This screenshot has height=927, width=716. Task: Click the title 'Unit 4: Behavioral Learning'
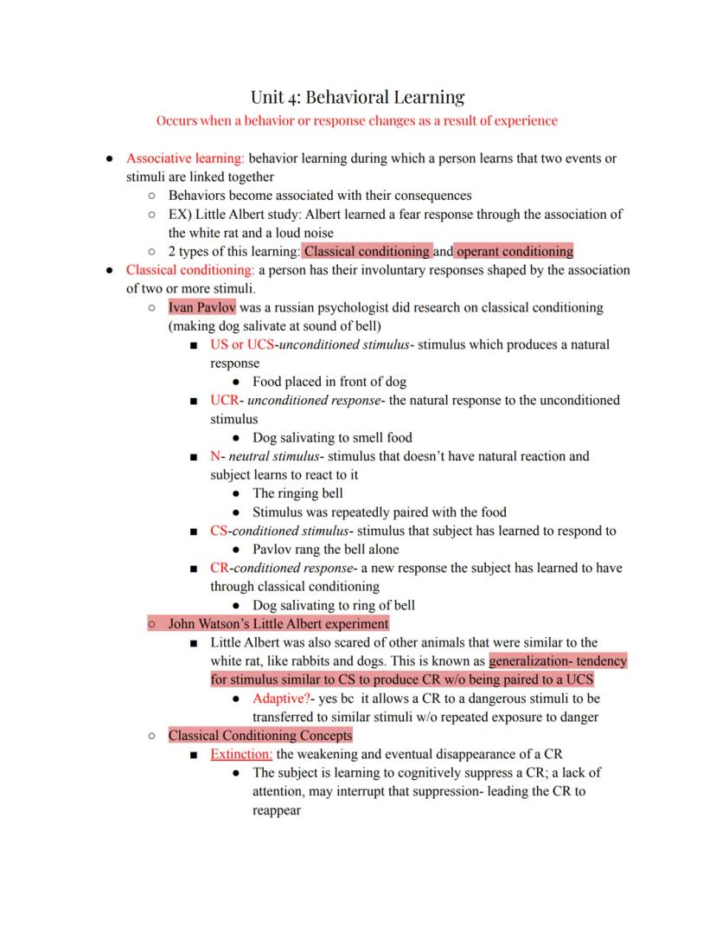pyautogui.click(x=357, y=96)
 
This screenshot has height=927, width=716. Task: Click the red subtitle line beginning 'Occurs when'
pyautogui.click(x=357, y=120)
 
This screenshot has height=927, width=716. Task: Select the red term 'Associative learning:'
pyautogui.click(x=186, y=158)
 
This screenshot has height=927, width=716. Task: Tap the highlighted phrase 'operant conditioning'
pyautogui.click(x=515, y=252)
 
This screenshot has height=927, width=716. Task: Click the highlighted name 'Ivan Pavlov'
pyautogui.click(x=201, y=307)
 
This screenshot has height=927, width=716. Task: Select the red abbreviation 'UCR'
pyautogui.click(x=224, y=401)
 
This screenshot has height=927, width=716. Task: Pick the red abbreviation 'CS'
pyautogui.click(x=219, y=531)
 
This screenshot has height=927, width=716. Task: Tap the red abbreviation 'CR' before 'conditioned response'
pyautogui.click(x=219, y=568)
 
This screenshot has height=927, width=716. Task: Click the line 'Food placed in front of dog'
pyautogui.click(x=329, y=382)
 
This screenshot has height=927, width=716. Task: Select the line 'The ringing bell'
pyautogui.click(x=297, y=493)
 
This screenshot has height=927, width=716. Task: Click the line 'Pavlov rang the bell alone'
pyautogui.click(x=325, y=550)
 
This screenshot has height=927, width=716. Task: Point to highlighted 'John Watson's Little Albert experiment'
pyautogui.click(x=278, y=623)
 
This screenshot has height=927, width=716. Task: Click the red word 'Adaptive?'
pyautogui.click(x=282, y=698)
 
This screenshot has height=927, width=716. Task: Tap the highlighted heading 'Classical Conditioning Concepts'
pyautogui.click(x=260, y=736)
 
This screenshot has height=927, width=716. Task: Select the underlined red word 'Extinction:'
pyautogui.click(x=241, y=754)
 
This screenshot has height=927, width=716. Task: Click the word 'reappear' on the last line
pyautogui.click(x=277, y=811)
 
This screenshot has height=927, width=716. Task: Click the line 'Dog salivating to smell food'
pyautogui.click(x=332, y=438)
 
